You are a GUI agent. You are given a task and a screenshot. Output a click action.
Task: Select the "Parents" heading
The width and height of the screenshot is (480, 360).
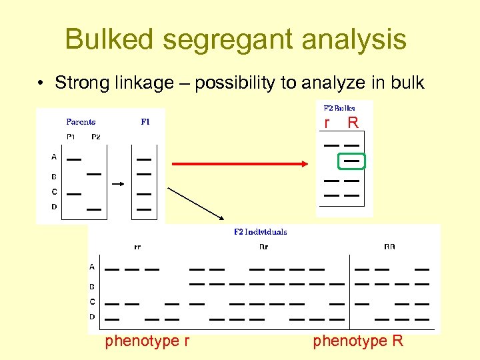(81, 122)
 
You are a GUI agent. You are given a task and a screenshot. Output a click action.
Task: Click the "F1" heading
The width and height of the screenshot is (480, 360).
(145, 122)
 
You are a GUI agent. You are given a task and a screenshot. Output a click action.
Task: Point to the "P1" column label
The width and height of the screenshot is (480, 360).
(71, 137)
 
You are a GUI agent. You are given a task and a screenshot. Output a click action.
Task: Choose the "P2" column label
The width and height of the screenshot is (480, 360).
(96, 137)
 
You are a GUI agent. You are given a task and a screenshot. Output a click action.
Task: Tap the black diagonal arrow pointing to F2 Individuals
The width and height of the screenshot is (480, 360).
(197, 203)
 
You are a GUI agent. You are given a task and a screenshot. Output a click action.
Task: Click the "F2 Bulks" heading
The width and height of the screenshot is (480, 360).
(339, 108)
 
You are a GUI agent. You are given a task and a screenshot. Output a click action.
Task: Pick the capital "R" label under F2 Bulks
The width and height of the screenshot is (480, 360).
(353, 123)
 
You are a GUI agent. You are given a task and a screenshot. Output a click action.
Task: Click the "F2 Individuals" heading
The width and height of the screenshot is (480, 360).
(260, 232)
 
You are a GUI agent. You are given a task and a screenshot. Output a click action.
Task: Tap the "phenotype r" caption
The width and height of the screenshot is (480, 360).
(147, 341)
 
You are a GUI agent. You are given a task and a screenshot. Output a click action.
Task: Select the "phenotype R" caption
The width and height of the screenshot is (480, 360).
(358, 341)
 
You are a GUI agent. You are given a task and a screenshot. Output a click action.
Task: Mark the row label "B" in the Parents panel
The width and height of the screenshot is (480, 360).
(54, 177)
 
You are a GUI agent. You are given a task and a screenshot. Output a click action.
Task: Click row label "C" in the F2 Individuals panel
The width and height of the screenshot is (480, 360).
(92, 301)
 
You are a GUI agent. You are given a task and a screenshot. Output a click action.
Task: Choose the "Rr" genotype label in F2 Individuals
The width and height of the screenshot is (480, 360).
(263, 247)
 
